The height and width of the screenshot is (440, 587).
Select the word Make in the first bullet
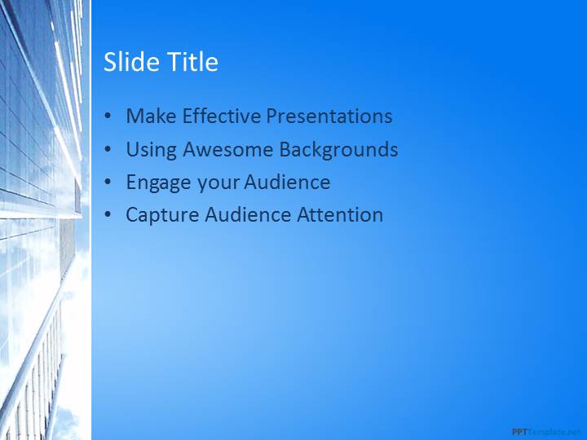click(x=152, y=116)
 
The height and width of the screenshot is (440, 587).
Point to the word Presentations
click(x=329, y=116)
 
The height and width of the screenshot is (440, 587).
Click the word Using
click(x=152, y=151)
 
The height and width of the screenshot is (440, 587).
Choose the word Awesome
click(x=228, y=149)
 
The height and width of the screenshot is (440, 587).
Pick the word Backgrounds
click(x=338, y=150)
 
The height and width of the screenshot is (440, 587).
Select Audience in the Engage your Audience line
click(x=288, y=182)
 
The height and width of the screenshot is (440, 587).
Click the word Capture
click(x=162, y=216)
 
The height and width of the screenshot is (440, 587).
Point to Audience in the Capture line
click(x=248, y=214)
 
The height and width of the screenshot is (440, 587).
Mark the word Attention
click(x=340, y=214)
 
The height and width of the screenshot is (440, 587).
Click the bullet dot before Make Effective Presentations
click(x=108, y=116)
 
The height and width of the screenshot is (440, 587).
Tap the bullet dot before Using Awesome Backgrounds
click(x=108, y=149)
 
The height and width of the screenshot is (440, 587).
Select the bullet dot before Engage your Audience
click(x=108, y=183)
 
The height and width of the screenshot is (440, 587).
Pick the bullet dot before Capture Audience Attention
click(x=108, y=215)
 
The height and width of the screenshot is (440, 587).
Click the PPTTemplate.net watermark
click(x=547, y=432)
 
